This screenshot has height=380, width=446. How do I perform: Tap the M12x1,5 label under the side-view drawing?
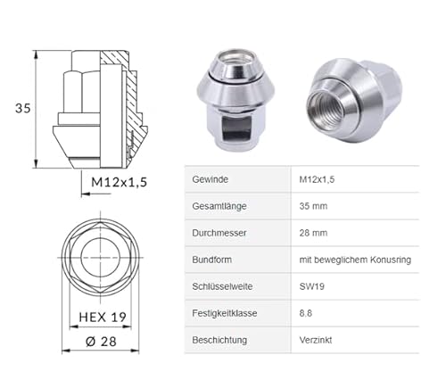tap(119, 182)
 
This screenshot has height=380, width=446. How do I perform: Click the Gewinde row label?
tap(211, 179)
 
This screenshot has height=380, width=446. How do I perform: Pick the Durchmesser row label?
tap(219, 233)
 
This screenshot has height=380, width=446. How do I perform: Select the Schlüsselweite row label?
tap(222, 286)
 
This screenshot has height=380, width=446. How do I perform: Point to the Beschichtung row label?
tap(221, 340)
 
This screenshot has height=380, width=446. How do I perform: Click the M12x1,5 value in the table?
tap(319, 179)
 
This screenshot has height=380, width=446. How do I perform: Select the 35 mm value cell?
tap(313, 206)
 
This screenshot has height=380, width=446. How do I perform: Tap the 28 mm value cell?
tap(313, 233)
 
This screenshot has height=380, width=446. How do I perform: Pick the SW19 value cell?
tap(312, 286)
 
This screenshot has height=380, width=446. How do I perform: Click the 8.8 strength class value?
tap(306, 313)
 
